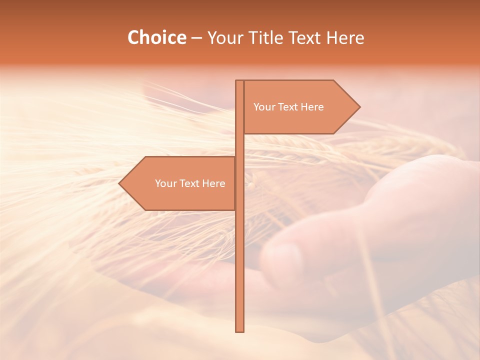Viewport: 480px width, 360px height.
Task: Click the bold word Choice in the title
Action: [156, 37]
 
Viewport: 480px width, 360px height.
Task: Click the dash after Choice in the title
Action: [196, 38]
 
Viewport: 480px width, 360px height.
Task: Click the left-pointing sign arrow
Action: [177, 183]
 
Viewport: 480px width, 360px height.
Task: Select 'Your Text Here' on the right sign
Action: [288, 107]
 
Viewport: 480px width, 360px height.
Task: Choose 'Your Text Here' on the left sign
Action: [190, 183]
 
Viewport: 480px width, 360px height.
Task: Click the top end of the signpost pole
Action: [240, 81]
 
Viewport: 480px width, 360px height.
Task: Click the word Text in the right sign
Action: [288, 107]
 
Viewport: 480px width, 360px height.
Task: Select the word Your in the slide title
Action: [224, 37]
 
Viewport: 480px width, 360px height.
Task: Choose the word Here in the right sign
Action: [312, 107]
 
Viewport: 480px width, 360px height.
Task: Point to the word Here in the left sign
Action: [214, 183]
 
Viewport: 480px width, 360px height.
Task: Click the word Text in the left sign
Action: [190, 183]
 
